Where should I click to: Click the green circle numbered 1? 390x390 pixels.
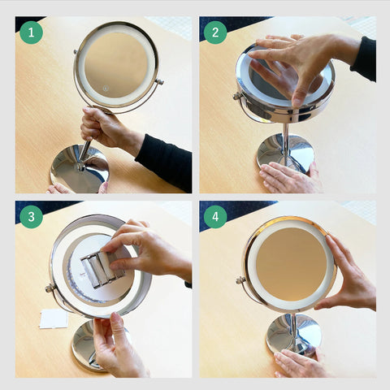click(31, 32)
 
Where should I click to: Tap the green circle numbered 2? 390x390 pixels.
click(215, 32)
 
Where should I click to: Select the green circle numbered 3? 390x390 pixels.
click(31, 217)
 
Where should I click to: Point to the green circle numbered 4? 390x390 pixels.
click(215, 217)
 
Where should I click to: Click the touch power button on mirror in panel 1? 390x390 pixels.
click(106, 89)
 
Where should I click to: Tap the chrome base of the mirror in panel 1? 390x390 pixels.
click(80, 169)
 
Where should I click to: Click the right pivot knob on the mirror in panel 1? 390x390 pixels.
click(159, 81)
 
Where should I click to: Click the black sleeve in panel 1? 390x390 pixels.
click(165, 161)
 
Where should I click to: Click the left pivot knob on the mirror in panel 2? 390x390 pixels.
click(237, 96)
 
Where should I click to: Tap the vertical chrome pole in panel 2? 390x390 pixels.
click(285, 140)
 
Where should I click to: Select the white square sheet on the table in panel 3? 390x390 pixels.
click(54, 318)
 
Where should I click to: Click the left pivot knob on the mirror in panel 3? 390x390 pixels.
click(50, 288)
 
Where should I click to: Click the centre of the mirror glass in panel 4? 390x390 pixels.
click(291, 264)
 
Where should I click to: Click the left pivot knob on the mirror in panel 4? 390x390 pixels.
click(240, 279)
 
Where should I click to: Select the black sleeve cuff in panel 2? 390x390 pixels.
click(364, 59)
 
